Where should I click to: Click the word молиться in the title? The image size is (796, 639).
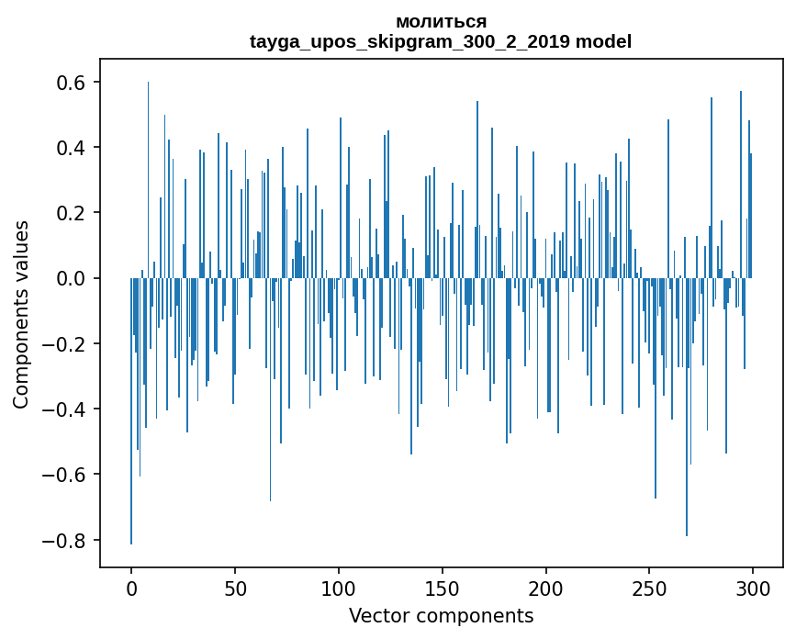pyautogui.click(x=441, y=21)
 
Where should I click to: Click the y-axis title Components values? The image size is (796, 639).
pyautogui.click(x=21, y=314)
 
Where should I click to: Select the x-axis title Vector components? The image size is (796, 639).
pyautogui.click(x=441, y=616)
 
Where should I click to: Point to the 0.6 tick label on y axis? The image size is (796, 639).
pyautogui.click(x=73, y=83)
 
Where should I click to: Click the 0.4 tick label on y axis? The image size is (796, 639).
pyautogui.click(x=73, y=148)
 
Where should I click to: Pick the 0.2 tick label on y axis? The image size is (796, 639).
pyautogui.click(x=73, y=213)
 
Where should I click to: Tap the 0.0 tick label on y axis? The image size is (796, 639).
pyautogui.click(x=73, y=278)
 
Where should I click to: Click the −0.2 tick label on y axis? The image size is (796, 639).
pyautogui.click(x=66, y=344)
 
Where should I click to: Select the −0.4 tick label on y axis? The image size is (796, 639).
pyautogui.click(x=66, y=409)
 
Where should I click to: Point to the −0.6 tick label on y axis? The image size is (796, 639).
pyautogui.click(x=66, y=475)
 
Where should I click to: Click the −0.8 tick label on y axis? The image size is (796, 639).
pyautogui.click(x=66, y=540)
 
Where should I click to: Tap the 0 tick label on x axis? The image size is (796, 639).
pyautogui.click(x=131, y=588)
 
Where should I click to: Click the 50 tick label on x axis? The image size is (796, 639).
pyautogui.click(x=235, y=588)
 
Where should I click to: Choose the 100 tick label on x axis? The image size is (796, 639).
pyautogui.click(x=339, y=588)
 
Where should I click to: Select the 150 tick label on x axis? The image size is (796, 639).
pyautogui.click(x=443, y=588)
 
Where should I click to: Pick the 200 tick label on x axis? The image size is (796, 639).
pyautogui.click(x=546, y=588)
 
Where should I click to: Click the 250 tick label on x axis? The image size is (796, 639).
pyautogui.click(x=650, y=588)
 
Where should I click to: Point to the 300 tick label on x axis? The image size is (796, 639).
pyautogui.click(x=753, y=588)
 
